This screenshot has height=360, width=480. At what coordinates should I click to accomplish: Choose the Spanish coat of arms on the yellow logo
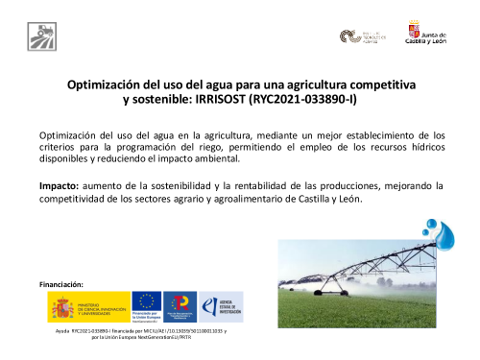point(62,308)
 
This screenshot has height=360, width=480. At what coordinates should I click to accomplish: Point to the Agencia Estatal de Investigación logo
point(227,307)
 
